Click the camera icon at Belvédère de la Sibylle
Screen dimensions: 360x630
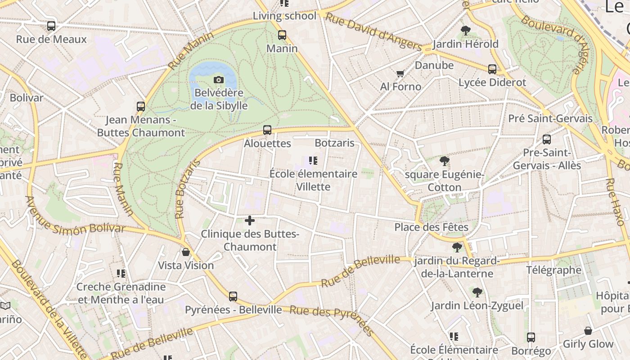point(219,80)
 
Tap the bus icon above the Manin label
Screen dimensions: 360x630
point(282,35)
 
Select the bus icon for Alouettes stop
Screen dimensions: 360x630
point(267,130)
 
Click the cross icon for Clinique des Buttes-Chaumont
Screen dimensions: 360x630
point(250,220)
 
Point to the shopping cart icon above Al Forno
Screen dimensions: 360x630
point(400,73)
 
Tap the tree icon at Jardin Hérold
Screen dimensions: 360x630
point(466,31)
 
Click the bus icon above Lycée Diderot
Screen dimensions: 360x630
point(492,69)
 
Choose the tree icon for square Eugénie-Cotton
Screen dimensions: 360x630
point(445,161)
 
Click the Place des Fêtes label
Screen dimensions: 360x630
point(431,227)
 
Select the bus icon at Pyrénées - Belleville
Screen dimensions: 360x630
point(233,297)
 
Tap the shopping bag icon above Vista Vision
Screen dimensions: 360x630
point(185,252)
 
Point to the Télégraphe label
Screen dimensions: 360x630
point(554,270)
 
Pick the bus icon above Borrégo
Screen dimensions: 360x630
point(531,337)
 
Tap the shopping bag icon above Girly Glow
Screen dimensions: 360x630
point(588,331)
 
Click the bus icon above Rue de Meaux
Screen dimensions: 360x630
point(51,26)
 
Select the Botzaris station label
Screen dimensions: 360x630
point(335,143)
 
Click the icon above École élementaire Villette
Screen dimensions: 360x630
point(313,161)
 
